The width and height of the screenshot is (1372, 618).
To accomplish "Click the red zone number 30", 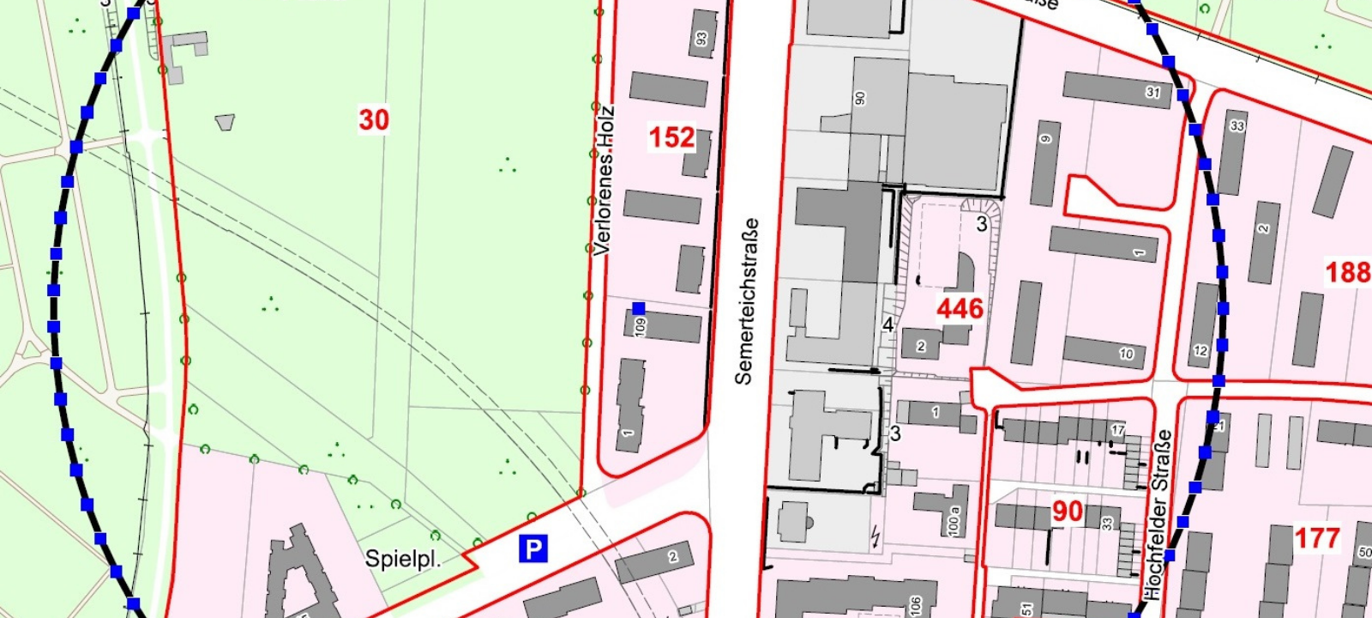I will (x=374, y=119).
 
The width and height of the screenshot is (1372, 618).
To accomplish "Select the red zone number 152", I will (x=671, y=137).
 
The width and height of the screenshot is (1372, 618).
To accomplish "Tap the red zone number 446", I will (x=960, y=308).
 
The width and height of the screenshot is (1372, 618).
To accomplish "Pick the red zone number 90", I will (x=1068, y=512).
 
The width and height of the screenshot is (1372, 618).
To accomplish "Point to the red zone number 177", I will (x=1316, y=538).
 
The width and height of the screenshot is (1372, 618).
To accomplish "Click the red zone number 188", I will (x=1348, y=272).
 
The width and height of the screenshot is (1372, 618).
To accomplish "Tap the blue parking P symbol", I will (x=533, y=548).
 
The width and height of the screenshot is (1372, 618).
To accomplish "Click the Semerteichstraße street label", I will (x=746, y=300).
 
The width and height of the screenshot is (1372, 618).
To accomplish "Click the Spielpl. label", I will (x=403, y=559).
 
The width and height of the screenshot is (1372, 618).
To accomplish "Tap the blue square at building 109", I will (x=638, y=308).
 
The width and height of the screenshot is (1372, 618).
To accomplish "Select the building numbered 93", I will (x=702, y=34).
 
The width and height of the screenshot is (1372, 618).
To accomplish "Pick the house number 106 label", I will (x=916, y=605).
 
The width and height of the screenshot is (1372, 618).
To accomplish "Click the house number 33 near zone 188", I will (x=1237, y=126).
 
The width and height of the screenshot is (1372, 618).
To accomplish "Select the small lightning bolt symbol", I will (x=875, y=537).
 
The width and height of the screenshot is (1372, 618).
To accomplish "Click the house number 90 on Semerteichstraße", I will (x=860, y=98).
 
